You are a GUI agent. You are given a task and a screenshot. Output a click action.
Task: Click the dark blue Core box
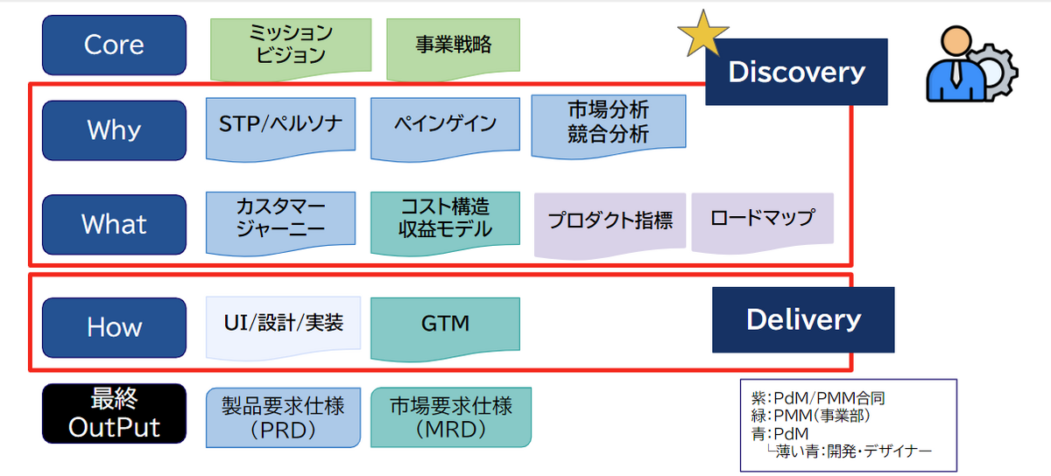114,45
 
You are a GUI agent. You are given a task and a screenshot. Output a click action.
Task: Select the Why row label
114,130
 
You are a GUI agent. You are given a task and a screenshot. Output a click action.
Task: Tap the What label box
114,224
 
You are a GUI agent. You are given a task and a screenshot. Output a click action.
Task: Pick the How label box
114,326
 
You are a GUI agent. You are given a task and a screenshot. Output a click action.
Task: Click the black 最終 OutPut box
114,414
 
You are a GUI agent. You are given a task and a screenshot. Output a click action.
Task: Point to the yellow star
702,34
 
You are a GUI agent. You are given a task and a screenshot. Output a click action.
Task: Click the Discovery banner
796,72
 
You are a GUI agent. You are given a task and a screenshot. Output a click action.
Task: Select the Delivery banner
803,319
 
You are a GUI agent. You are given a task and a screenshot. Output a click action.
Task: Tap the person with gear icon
969,62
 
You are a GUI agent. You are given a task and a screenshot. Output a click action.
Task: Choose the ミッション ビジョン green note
291,45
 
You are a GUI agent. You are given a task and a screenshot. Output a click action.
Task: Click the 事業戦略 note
453,45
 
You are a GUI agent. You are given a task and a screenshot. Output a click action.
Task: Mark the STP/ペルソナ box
281,124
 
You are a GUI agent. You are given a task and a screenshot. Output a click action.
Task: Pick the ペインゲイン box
445,124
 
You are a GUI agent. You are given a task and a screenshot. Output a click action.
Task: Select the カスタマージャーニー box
281,219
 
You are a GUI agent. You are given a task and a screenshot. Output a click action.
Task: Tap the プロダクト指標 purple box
610,221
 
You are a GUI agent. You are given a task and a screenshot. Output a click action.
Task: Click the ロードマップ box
762,218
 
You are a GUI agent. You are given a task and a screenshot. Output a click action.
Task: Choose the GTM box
445,325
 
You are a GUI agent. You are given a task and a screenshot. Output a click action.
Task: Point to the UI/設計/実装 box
283,325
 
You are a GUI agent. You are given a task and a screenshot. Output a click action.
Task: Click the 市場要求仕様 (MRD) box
451,417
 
